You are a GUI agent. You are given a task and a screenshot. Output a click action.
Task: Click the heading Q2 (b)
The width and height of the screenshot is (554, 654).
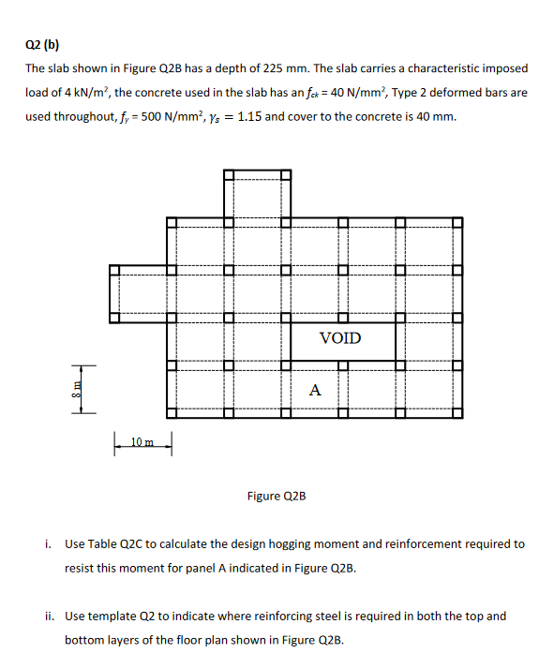tap(41, 44)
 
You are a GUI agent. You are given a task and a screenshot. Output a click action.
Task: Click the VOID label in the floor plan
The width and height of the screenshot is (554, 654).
tap(339, 337)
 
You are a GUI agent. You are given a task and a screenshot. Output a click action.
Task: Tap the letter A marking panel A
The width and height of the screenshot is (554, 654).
tap(315, 390)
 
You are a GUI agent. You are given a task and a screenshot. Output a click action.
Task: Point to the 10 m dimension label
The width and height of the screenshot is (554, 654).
tap(143, 440)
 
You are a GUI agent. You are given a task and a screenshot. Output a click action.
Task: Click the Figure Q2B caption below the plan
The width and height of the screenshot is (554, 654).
tap(277, 496)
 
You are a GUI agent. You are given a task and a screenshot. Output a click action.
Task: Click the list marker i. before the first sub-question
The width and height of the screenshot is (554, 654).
tap(49, 543)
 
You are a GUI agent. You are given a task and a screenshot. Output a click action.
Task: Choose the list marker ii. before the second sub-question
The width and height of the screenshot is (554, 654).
tap(48, 617)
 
